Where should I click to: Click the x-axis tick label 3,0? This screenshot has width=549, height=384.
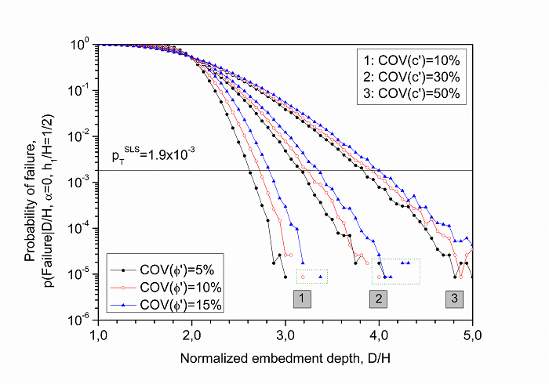point(285,335)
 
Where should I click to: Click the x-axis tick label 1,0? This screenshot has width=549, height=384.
point(98,335)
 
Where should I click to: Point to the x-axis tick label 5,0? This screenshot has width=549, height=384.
point(473,335)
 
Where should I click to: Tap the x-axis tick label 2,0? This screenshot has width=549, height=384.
point(192,335)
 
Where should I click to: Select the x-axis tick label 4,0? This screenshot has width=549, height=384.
point(380,335)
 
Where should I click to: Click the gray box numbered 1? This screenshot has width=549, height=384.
point(304,299)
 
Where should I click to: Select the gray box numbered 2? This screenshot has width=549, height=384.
point(379,299)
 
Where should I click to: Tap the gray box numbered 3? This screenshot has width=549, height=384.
point(454,299)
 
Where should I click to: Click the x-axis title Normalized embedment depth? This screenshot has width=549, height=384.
point(285,360)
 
